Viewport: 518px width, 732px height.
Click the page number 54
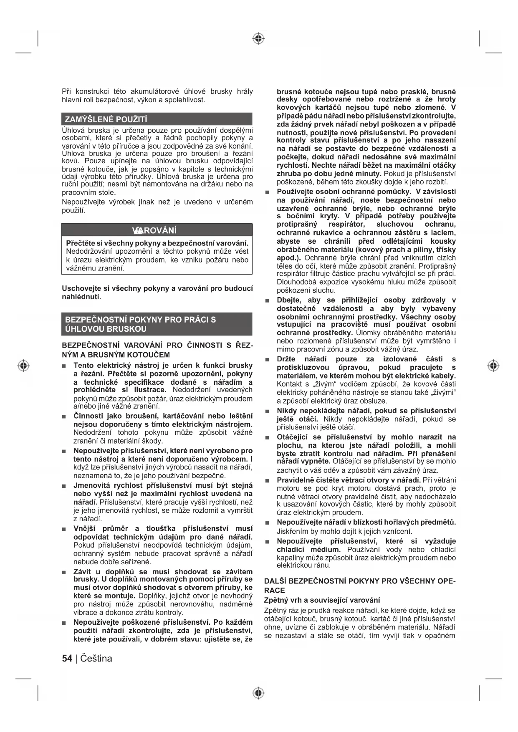click(67, 659)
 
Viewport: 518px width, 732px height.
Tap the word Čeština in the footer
click(96, 659)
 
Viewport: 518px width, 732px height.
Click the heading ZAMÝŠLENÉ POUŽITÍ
click(106, 119)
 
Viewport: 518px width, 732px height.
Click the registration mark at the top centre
click(259, 39)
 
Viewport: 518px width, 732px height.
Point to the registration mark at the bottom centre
click(259, 693)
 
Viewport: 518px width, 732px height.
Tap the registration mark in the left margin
click(24, 366)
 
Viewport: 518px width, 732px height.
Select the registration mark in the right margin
click(493, 366)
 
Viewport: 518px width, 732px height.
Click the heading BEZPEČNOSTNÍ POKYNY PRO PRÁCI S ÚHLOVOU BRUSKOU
click(140, 324)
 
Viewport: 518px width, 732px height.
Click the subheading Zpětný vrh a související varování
click(322, 600)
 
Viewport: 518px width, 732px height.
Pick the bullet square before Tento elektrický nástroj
click(64, 366)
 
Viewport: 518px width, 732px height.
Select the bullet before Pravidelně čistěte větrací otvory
click(267, 481)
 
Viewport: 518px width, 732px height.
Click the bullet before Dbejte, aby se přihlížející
click(267, 301)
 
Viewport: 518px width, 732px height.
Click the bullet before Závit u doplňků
click(64, 572)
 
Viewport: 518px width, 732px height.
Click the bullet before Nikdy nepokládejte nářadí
click(267, 411)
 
